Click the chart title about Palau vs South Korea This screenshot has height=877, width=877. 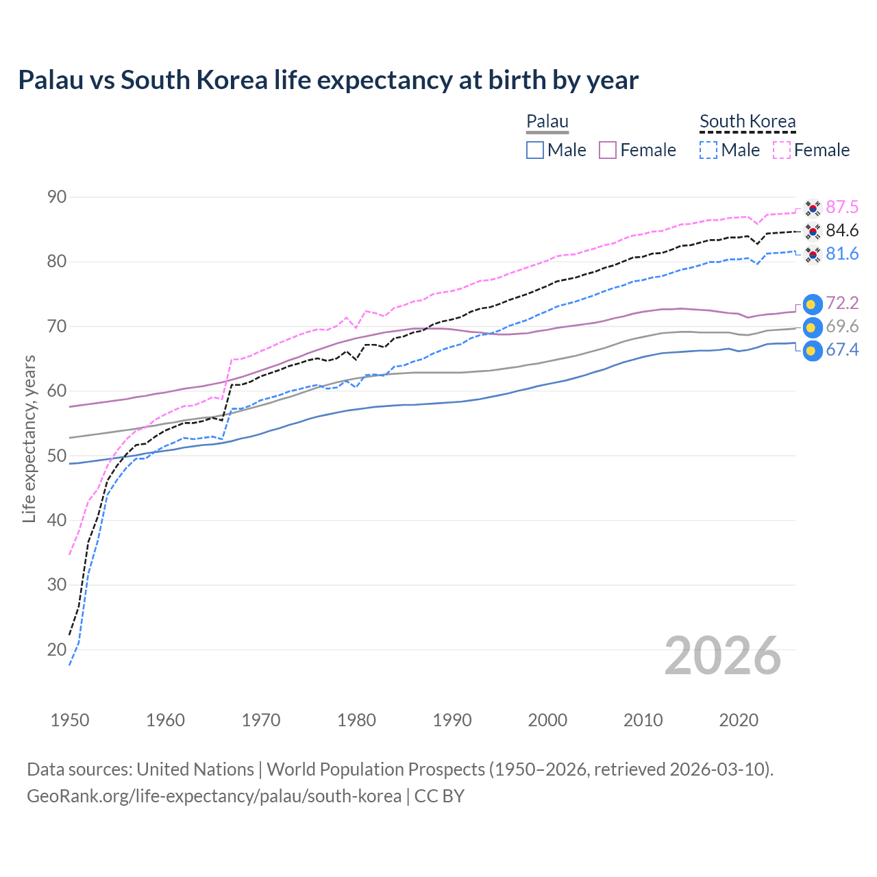tap(328, 80)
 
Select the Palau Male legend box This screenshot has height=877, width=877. tap(535, 150)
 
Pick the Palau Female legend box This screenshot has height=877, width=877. tap(608, 150)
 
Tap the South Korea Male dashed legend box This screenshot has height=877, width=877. tap(708, 150)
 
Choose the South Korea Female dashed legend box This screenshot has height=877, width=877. tap(782, 150)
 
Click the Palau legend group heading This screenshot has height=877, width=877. tap(547, 122)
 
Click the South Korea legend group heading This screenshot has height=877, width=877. tap(748, 122)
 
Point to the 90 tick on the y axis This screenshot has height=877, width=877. tap(57, 197)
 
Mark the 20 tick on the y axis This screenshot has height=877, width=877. tap(57, 650)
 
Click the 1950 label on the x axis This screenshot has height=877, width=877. tap(70, 720)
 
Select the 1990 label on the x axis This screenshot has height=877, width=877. tap(452, 720)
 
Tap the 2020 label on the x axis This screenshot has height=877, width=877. tap(739, 720)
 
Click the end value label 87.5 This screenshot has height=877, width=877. tap(842, 208)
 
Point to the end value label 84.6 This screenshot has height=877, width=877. tap(842, 231)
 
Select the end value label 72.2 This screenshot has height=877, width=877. tap(842, 304)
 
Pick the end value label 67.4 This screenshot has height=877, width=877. tap(842, 350)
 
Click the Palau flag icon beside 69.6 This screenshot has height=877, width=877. tap(812, 328)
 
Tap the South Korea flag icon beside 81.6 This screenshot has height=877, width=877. tap(812, 255)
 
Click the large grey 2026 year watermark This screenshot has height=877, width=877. tap(723, 656)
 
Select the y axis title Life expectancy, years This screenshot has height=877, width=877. tap(29, 438)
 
